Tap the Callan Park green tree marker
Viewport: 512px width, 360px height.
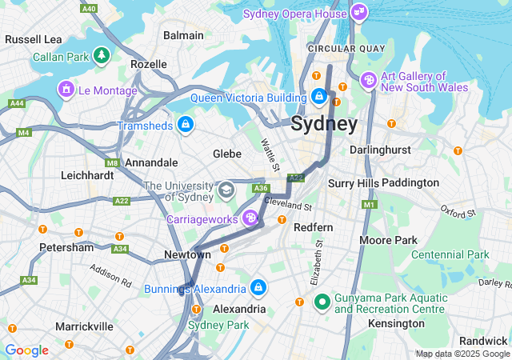click(101, 56)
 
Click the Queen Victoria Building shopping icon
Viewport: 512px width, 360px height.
click(319, 97)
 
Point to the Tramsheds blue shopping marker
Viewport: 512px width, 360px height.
click(186, 124)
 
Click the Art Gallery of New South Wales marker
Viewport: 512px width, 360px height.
click(368, 79)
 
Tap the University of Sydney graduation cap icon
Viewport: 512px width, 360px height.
click(226, 190)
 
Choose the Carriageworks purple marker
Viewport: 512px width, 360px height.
click(250, 217)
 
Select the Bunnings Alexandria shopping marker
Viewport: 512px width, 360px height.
click(258, 287)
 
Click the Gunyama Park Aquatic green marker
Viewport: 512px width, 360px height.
click(322, 302)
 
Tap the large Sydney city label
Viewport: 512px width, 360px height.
click(324, 124)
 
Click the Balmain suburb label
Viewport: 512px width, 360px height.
click(183, 35)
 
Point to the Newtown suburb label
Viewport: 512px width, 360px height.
click(187, 254)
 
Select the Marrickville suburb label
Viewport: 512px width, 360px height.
click(84, 326)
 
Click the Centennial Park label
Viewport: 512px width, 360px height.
click(450, 254)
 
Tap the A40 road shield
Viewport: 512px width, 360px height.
click(89, 8)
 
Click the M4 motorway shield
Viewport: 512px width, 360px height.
click(23, 132)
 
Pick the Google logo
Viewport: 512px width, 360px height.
click(26, 350)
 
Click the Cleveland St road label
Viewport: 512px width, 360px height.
click(287, 205)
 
